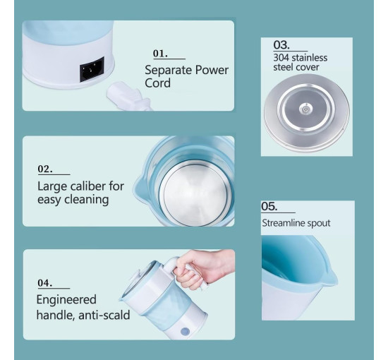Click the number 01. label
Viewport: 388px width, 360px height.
click(160, 53)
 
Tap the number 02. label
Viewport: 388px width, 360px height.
click(45, 169)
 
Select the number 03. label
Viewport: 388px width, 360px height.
click(281, 44)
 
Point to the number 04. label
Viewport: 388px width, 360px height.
click(45, 283)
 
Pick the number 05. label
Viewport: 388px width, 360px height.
click(269, 206)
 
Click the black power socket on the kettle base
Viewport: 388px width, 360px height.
click(92, 70)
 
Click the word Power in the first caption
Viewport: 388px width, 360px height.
click(212, 70)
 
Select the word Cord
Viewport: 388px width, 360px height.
click(157, 83)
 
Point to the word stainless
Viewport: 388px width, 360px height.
click(309, 58)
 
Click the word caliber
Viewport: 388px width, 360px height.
click(89, 186)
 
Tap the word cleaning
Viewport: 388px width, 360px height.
click(87, 200)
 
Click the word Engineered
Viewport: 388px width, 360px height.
click(66, 300)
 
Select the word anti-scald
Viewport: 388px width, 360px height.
click(104, 315)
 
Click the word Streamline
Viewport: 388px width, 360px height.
click(284, 223)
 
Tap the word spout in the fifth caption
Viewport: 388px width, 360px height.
click(319, 224)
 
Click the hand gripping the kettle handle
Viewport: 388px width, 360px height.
click(203, 269)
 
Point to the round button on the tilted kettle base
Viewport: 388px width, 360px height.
click(185, 331)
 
